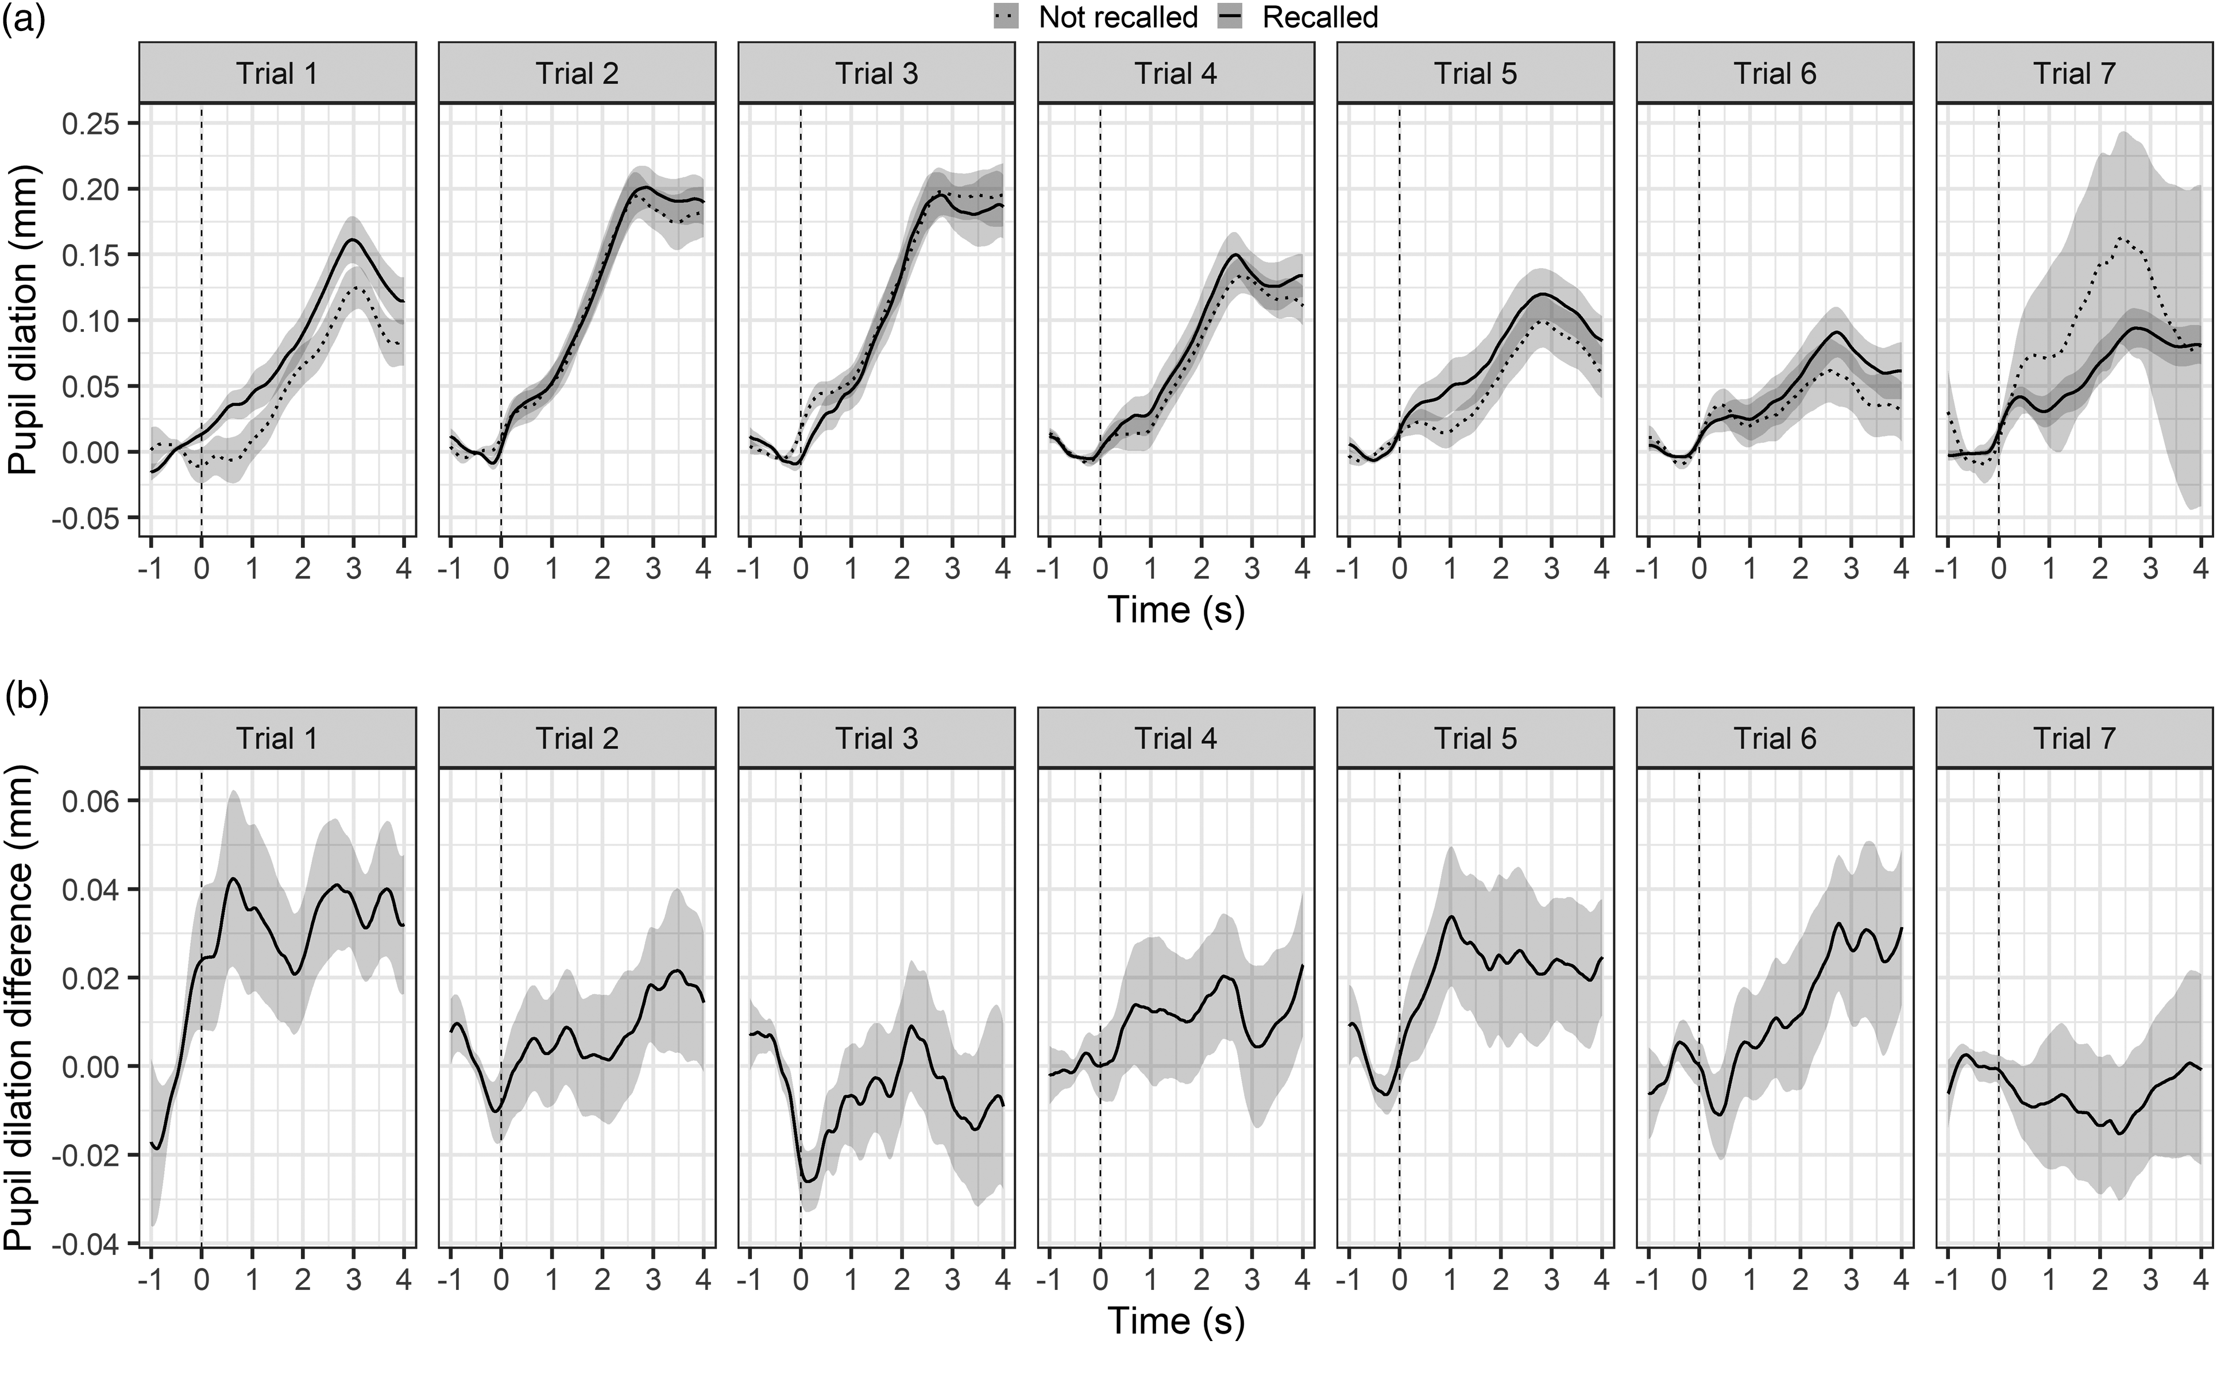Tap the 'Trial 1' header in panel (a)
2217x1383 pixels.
point(277,73)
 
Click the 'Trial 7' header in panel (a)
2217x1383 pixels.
point(2075,73)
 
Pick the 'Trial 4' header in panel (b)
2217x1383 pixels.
point(1176,737)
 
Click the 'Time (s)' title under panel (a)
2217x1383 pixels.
point(1176,610)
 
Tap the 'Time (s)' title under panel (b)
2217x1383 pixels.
point(1176,1321)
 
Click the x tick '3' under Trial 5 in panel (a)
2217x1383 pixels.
point(1551,569)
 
